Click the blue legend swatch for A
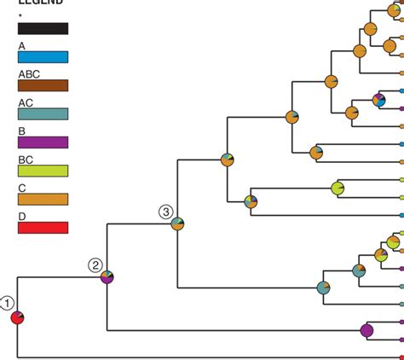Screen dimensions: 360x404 43,56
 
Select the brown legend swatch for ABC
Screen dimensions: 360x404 43,85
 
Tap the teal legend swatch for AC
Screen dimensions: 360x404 43,113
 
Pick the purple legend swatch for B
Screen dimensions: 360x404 43,142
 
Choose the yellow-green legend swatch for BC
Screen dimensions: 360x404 43,171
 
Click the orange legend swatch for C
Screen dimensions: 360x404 43,199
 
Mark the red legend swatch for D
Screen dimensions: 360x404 43,228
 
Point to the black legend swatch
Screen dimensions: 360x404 43,28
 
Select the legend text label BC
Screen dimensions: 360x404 25,159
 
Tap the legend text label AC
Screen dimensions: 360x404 25,102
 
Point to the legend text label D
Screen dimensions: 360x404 21,216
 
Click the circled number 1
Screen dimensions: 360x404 7,303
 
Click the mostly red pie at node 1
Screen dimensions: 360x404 17,317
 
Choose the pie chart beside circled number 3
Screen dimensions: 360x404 177,224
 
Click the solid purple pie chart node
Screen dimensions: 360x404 367,329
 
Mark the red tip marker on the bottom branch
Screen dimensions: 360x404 401,357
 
